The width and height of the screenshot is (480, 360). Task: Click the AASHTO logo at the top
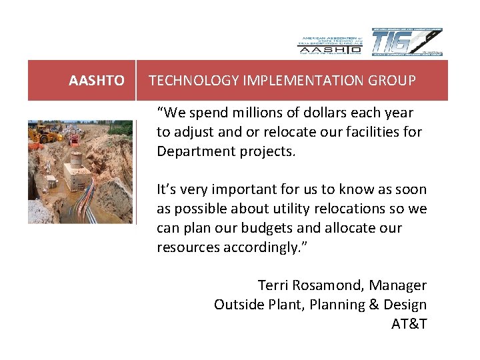point(329,42)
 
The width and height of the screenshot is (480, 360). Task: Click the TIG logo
point(407,42)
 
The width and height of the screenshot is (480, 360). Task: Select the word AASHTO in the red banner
point(97,81)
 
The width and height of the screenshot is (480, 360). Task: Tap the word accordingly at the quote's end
point(262,247)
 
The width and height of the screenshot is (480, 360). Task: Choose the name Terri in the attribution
point(273,285)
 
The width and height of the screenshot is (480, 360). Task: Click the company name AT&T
point(409,324)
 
